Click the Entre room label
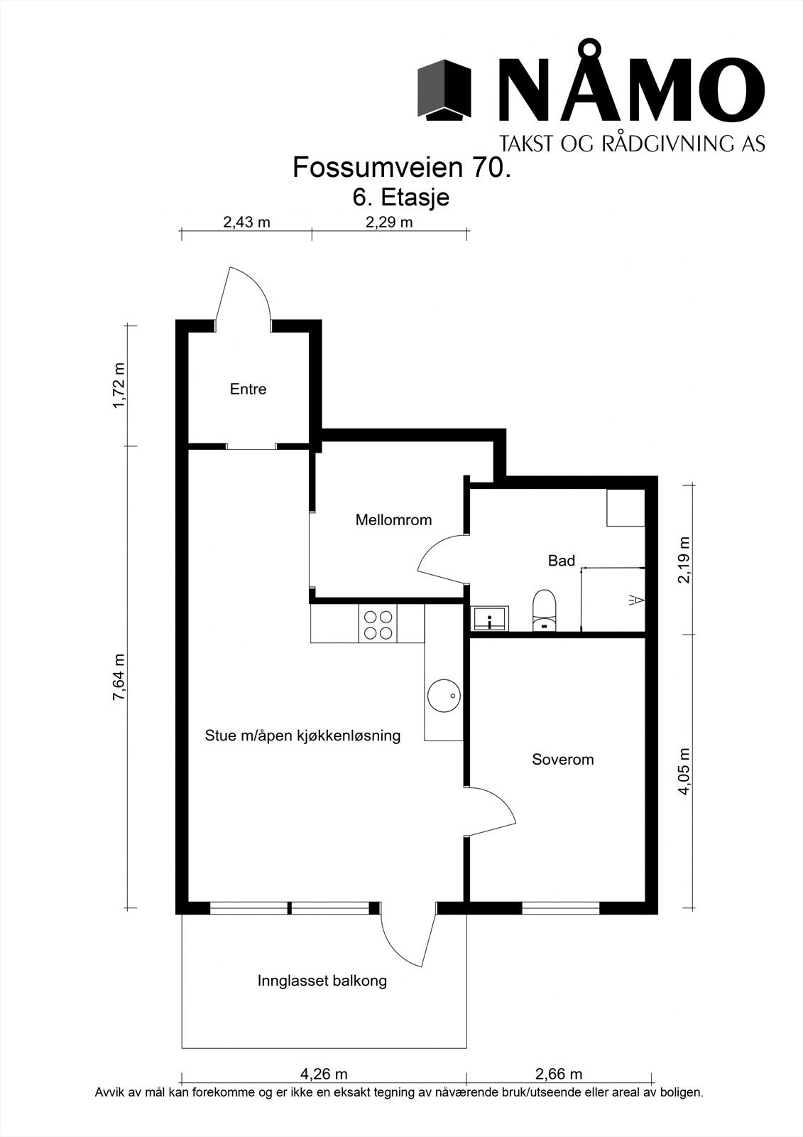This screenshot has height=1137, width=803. (248, 389)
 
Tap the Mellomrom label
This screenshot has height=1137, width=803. (393, 520)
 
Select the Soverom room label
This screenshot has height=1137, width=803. (562, 760)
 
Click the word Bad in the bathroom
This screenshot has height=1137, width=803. (561, 561)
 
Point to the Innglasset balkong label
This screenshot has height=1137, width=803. (322, 981)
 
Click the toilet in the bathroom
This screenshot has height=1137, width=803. (545, 610)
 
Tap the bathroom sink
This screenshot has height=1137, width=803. (490, 618)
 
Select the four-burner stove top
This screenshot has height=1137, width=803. (378, 625)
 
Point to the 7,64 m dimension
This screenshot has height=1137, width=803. (119, 677)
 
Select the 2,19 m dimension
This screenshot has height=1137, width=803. (684, 559)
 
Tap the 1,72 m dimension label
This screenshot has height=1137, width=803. (119, 385)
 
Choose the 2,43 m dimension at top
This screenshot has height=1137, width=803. (246, 222)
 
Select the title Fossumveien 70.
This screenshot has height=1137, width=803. (401, 168)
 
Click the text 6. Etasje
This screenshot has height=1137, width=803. (401, 197)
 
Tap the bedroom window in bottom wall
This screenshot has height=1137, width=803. (561, 907)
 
